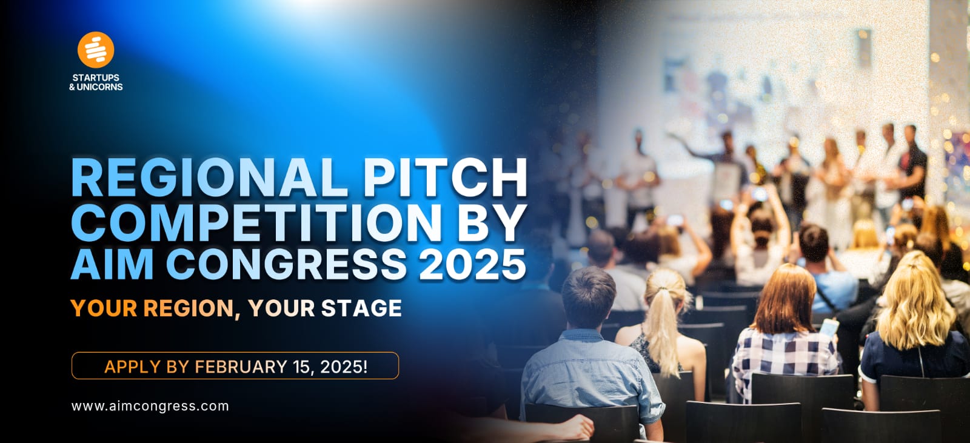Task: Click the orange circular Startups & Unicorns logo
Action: [x=96, y=50]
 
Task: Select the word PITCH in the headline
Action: [x=446, y=178]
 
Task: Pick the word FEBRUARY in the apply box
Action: [x=241, y=367]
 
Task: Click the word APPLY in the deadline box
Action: [x=133, y=367]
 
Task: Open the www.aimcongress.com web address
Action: [x=150, y=406]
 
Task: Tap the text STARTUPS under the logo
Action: [x=96, y=78]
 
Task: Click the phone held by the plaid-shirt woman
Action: [x=829, y=327]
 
